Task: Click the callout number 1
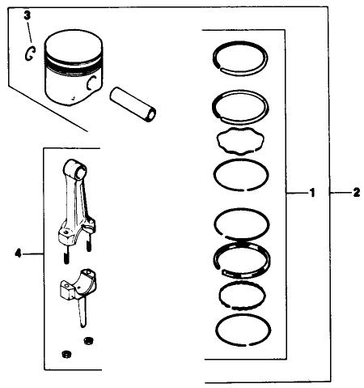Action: (x=311, y=194)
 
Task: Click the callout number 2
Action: (x=356, y=194)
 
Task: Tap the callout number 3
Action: (x=26, y=15)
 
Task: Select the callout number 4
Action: (x=18, y=253)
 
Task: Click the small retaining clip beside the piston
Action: (x=29, y=53)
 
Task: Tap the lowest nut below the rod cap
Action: (x=66, y=354)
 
